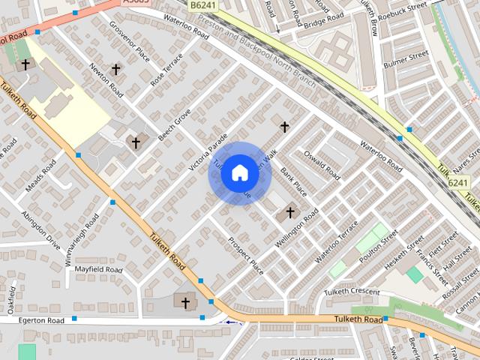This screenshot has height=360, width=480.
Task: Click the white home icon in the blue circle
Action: tap(239, 172)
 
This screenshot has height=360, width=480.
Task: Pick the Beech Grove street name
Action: tap(175, 124)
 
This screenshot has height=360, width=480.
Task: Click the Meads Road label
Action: tap(40, 175)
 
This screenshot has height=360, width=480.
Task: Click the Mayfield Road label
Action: tap(93, 269)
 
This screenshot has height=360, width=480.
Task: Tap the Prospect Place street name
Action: tap(245, 256)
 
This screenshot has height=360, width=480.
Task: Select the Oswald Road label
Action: tap(322, 165)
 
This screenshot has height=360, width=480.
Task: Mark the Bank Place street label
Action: tap(293, 183)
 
